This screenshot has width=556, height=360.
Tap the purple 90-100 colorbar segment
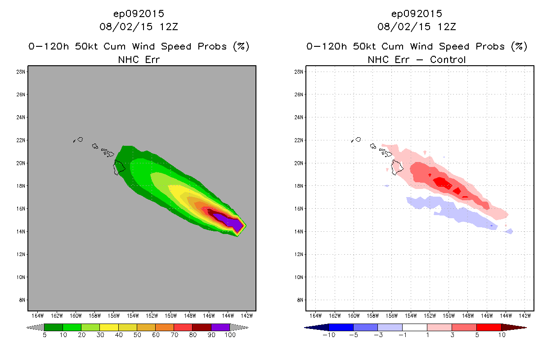pyautogui.click(x=220, y=327)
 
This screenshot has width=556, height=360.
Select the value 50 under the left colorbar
pyautogui.click(x=137, y=335)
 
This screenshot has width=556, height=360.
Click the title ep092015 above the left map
pyautogui.click(x=139, y=13)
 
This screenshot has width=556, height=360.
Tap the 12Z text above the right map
pyautogui.click(x=446, y=27)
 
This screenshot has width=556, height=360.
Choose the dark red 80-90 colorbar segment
pyautogui.click(x=202, y=327)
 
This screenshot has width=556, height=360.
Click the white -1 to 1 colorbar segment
pyautogui.click(x=415, y=327)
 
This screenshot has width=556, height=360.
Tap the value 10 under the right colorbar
pyautogui.click(x=501, y=335)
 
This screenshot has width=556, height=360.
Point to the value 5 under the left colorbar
pyautogui.click(x=45, y=335)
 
